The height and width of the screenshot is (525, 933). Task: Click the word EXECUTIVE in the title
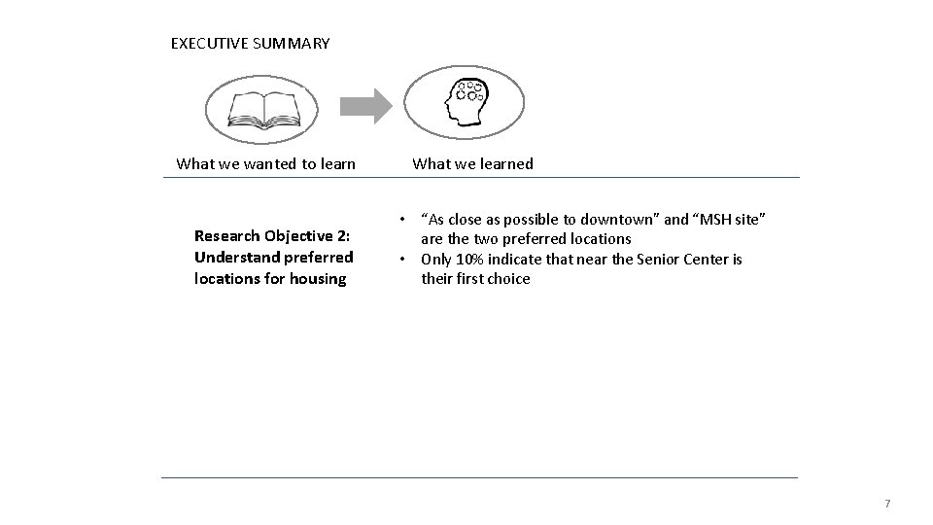click(x=208, y=44)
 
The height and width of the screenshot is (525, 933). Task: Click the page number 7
click(x=886, y=504)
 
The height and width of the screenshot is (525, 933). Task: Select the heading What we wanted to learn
click(x=265, y=163)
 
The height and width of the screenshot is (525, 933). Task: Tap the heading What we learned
click(x=472, y=163)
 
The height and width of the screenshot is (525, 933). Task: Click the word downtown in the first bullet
click(x=614, y=219)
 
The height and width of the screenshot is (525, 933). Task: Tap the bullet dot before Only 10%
click(x=400, y=260)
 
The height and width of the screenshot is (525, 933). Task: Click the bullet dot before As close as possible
click(x=400, y=219)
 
